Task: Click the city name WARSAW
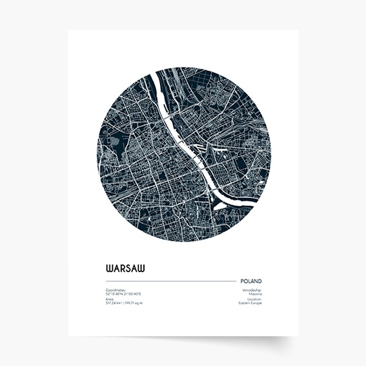click(125, 267)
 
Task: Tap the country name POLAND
click(251, 281)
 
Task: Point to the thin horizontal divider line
click(169, 281)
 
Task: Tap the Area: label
click(109, 299)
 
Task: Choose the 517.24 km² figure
click(114, 303)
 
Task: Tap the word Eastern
click(245, 303)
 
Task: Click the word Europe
click(257, 303)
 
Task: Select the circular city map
click(183, 154)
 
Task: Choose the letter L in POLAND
click(249, 281)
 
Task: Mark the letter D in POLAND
click(260, 281)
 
